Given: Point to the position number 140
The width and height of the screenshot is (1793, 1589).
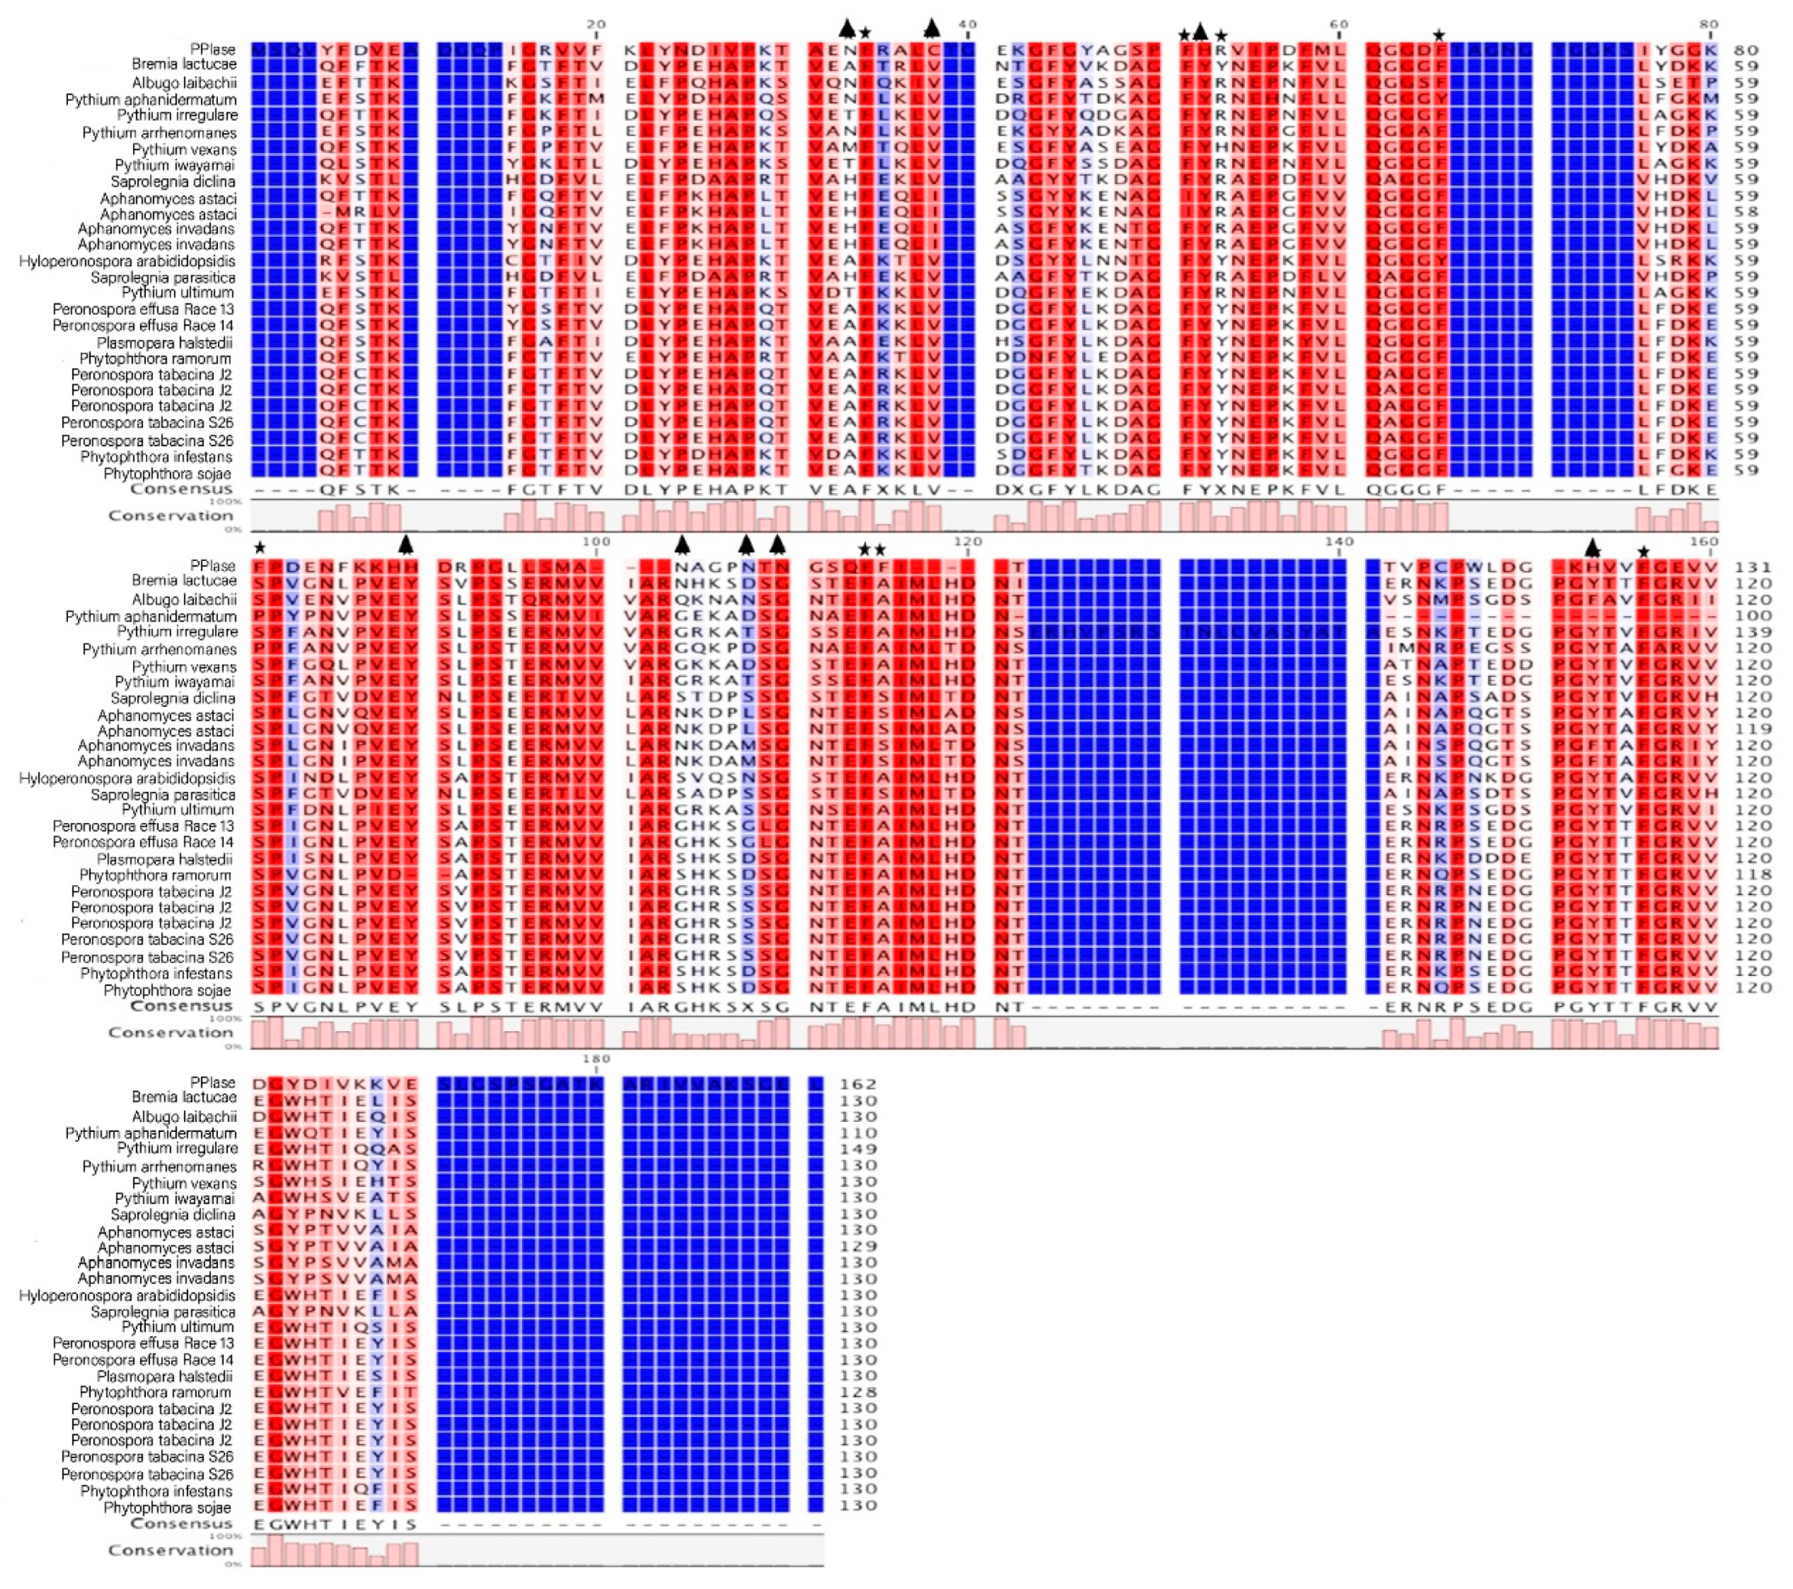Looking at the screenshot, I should (1338, 542).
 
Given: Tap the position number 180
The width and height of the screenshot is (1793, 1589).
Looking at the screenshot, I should (596, 1058).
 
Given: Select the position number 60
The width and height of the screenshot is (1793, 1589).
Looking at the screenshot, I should (1338, 24).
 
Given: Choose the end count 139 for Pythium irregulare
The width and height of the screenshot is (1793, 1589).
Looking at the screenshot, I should (1746, 632).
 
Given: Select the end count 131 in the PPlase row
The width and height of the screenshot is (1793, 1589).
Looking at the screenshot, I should (1746, 567).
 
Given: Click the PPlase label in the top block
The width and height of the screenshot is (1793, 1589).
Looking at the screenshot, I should (213, 49).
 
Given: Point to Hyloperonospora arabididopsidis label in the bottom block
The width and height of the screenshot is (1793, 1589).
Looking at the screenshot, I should (127, 1295).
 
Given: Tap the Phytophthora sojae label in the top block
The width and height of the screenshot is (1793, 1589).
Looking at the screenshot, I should (169, 473).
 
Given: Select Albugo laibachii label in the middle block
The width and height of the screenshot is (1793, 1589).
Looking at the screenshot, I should (184, 599).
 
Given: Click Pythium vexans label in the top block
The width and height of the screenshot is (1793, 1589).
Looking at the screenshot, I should (184, 148).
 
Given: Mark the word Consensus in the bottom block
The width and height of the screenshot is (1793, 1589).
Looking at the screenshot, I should (182, 1523).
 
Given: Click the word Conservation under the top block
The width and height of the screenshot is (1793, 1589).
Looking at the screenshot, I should (170, 515).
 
